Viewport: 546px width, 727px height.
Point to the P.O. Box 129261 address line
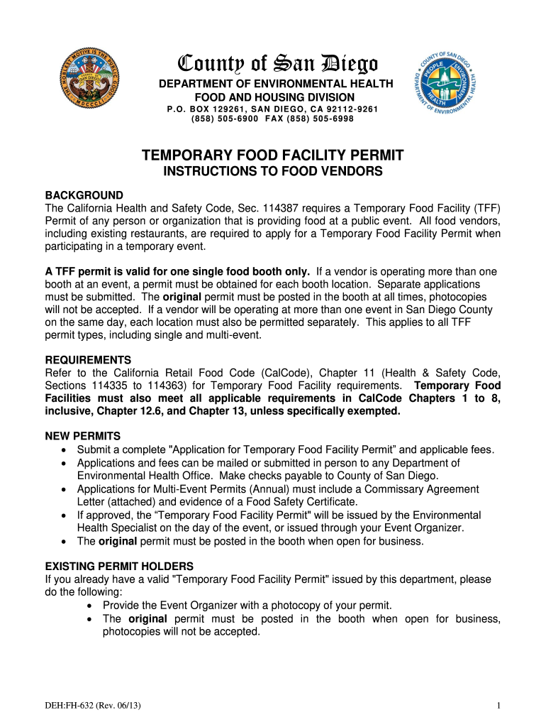point(272,109)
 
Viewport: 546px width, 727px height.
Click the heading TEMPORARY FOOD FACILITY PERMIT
point(273,155)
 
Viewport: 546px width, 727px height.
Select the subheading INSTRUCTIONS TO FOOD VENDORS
point(273,172)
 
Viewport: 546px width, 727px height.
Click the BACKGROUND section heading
point(84,195)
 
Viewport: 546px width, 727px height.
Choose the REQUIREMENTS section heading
point(88,360)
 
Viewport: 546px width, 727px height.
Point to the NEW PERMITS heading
point(83,435)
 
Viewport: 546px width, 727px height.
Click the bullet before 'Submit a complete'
point(65,450)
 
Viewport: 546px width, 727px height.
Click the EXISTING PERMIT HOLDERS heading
point(119,566)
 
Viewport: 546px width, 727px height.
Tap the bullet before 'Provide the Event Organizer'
point(91,606)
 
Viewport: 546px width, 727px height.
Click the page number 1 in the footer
point(498,705)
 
